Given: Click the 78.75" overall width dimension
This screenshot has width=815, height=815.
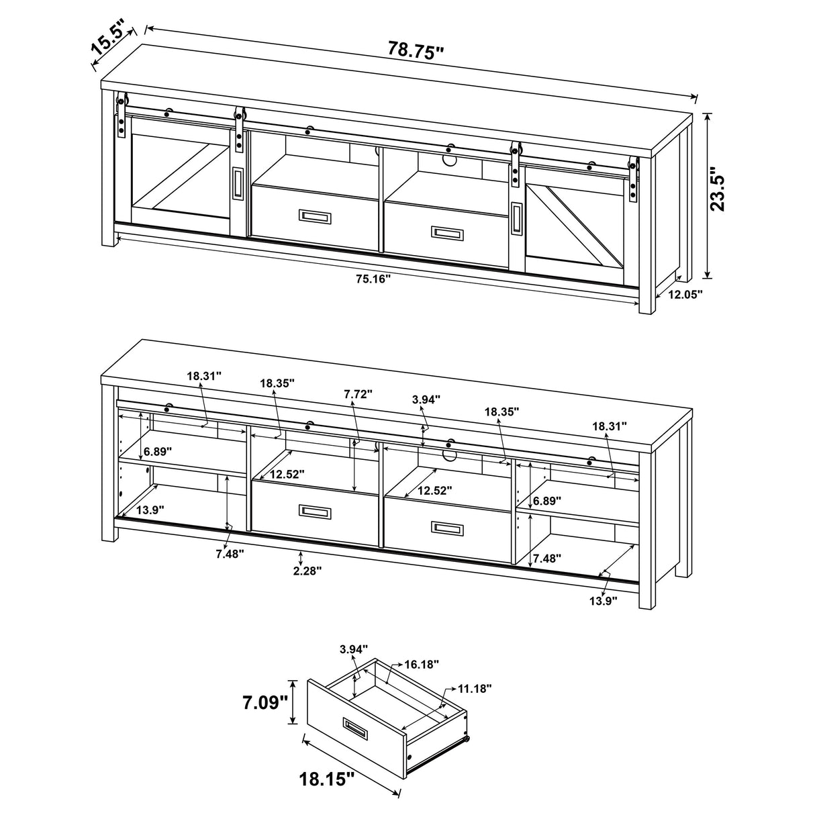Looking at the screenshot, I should (416, 50).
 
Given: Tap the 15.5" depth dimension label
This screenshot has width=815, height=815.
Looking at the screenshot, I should (109, 40).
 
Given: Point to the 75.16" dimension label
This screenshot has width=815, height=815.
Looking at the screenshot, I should (373, 279).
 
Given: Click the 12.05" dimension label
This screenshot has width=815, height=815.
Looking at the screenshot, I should (684, 293).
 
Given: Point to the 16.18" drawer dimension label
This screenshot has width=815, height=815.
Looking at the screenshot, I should (421, 664).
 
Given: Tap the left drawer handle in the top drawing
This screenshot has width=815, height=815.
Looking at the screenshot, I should (314, 215).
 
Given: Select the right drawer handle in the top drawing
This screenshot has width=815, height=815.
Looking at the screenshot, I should (446, 232).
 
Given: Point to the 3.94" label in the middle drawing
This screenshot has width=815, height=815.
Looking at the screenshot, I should (426, 399).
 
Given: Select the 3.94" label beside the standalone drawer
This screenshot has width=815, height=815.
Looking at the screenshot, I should (354, 649).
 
